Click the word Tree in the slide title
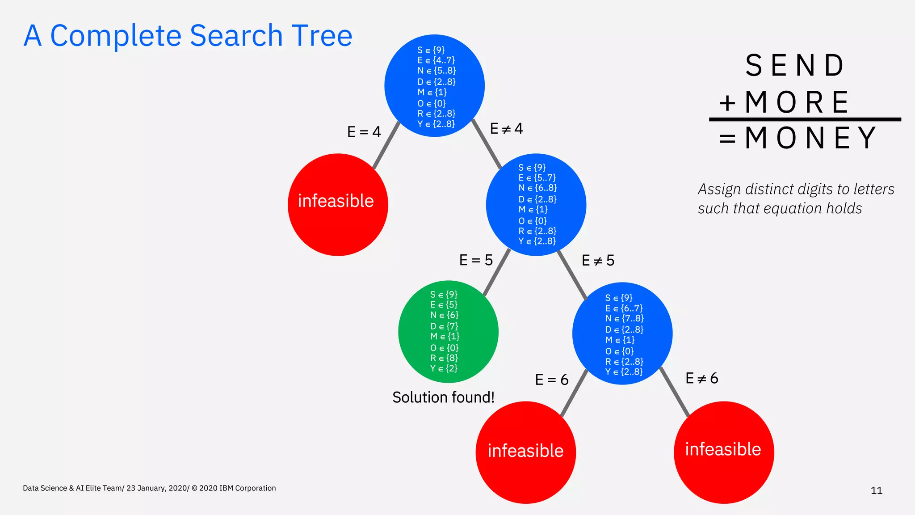coord(322,36)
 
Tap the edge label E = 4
coord(364,132)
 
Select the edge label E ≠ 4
coord(506,129)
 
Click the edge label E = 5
coord(476,260)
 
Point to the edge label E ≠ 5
coord(598,261)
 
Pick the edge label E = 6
coord(551,380)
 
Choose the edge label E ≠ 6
coord(701,378)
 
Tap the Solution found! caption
coord(443,397)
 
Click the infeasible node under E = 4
coord(338,205)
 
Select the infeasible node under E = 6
coord(525,452)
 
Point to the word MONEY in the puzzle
coord(810,138)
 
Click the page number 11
coord(876,491)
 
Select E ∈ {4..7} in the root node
coord(436,60)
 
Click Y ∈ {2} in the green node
coord(444,368)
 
